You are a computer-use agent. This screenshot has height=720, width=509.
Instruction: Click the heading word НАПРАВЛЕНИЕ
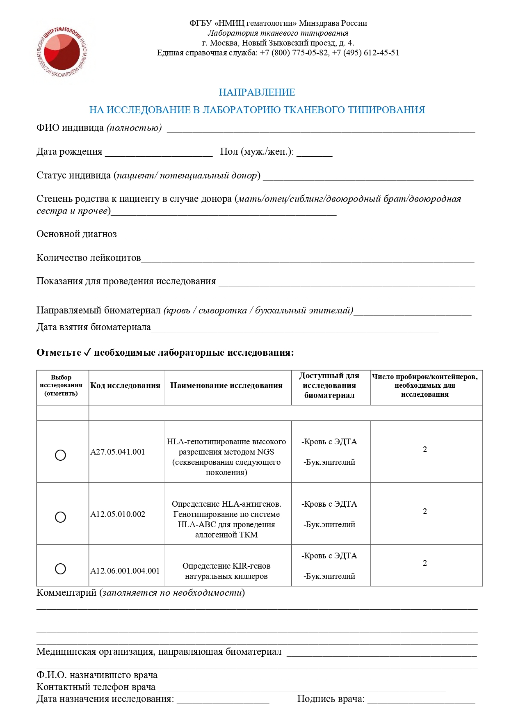click(257, 92)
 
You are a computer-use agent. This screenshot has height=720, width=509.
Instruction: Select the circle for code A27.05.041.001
click(60, 455)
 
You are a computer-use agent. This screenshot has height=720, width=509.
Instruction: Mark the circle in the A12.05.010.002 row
click(60, 517)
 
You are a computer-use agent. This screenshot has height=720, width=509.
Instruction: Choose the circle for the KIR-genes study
click(60, 569)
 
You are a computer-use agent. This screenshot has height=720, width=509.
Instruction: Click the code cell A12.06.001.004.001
click(125, 571)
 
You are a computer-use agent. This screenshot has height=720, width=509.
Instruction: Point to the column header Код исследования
click(125, 385)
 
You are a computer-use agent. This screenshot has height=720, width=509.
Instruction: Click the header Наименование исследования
click(226, 385)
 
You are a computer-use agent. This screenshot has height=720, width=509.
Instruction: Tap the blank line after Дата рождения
click(159, 153)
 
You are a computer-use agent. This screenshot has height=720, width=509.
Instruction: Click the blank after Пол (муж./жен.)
click(314, 153)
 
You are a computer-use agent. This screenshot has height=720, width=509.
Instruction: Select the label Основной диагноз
click(77, 234)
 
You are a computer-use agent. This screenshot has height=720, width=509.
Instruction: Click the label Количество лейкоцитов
click(89, 258)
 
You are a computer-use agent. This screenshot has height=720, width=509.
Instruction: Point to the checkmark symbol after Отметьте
click(87, 352)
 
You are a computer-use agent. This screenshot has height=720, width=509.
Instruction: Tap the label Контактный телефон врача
click(96, 687)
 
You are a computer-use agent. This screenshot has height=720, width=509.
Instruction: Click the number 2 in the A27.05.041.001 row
click(425, 450)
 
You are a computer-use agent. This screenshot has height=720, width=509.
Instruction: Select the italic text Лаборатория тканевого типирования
click(278, 33)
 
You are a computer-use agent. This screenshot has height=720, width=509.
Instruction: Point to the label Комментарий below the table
click(66, 592)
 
